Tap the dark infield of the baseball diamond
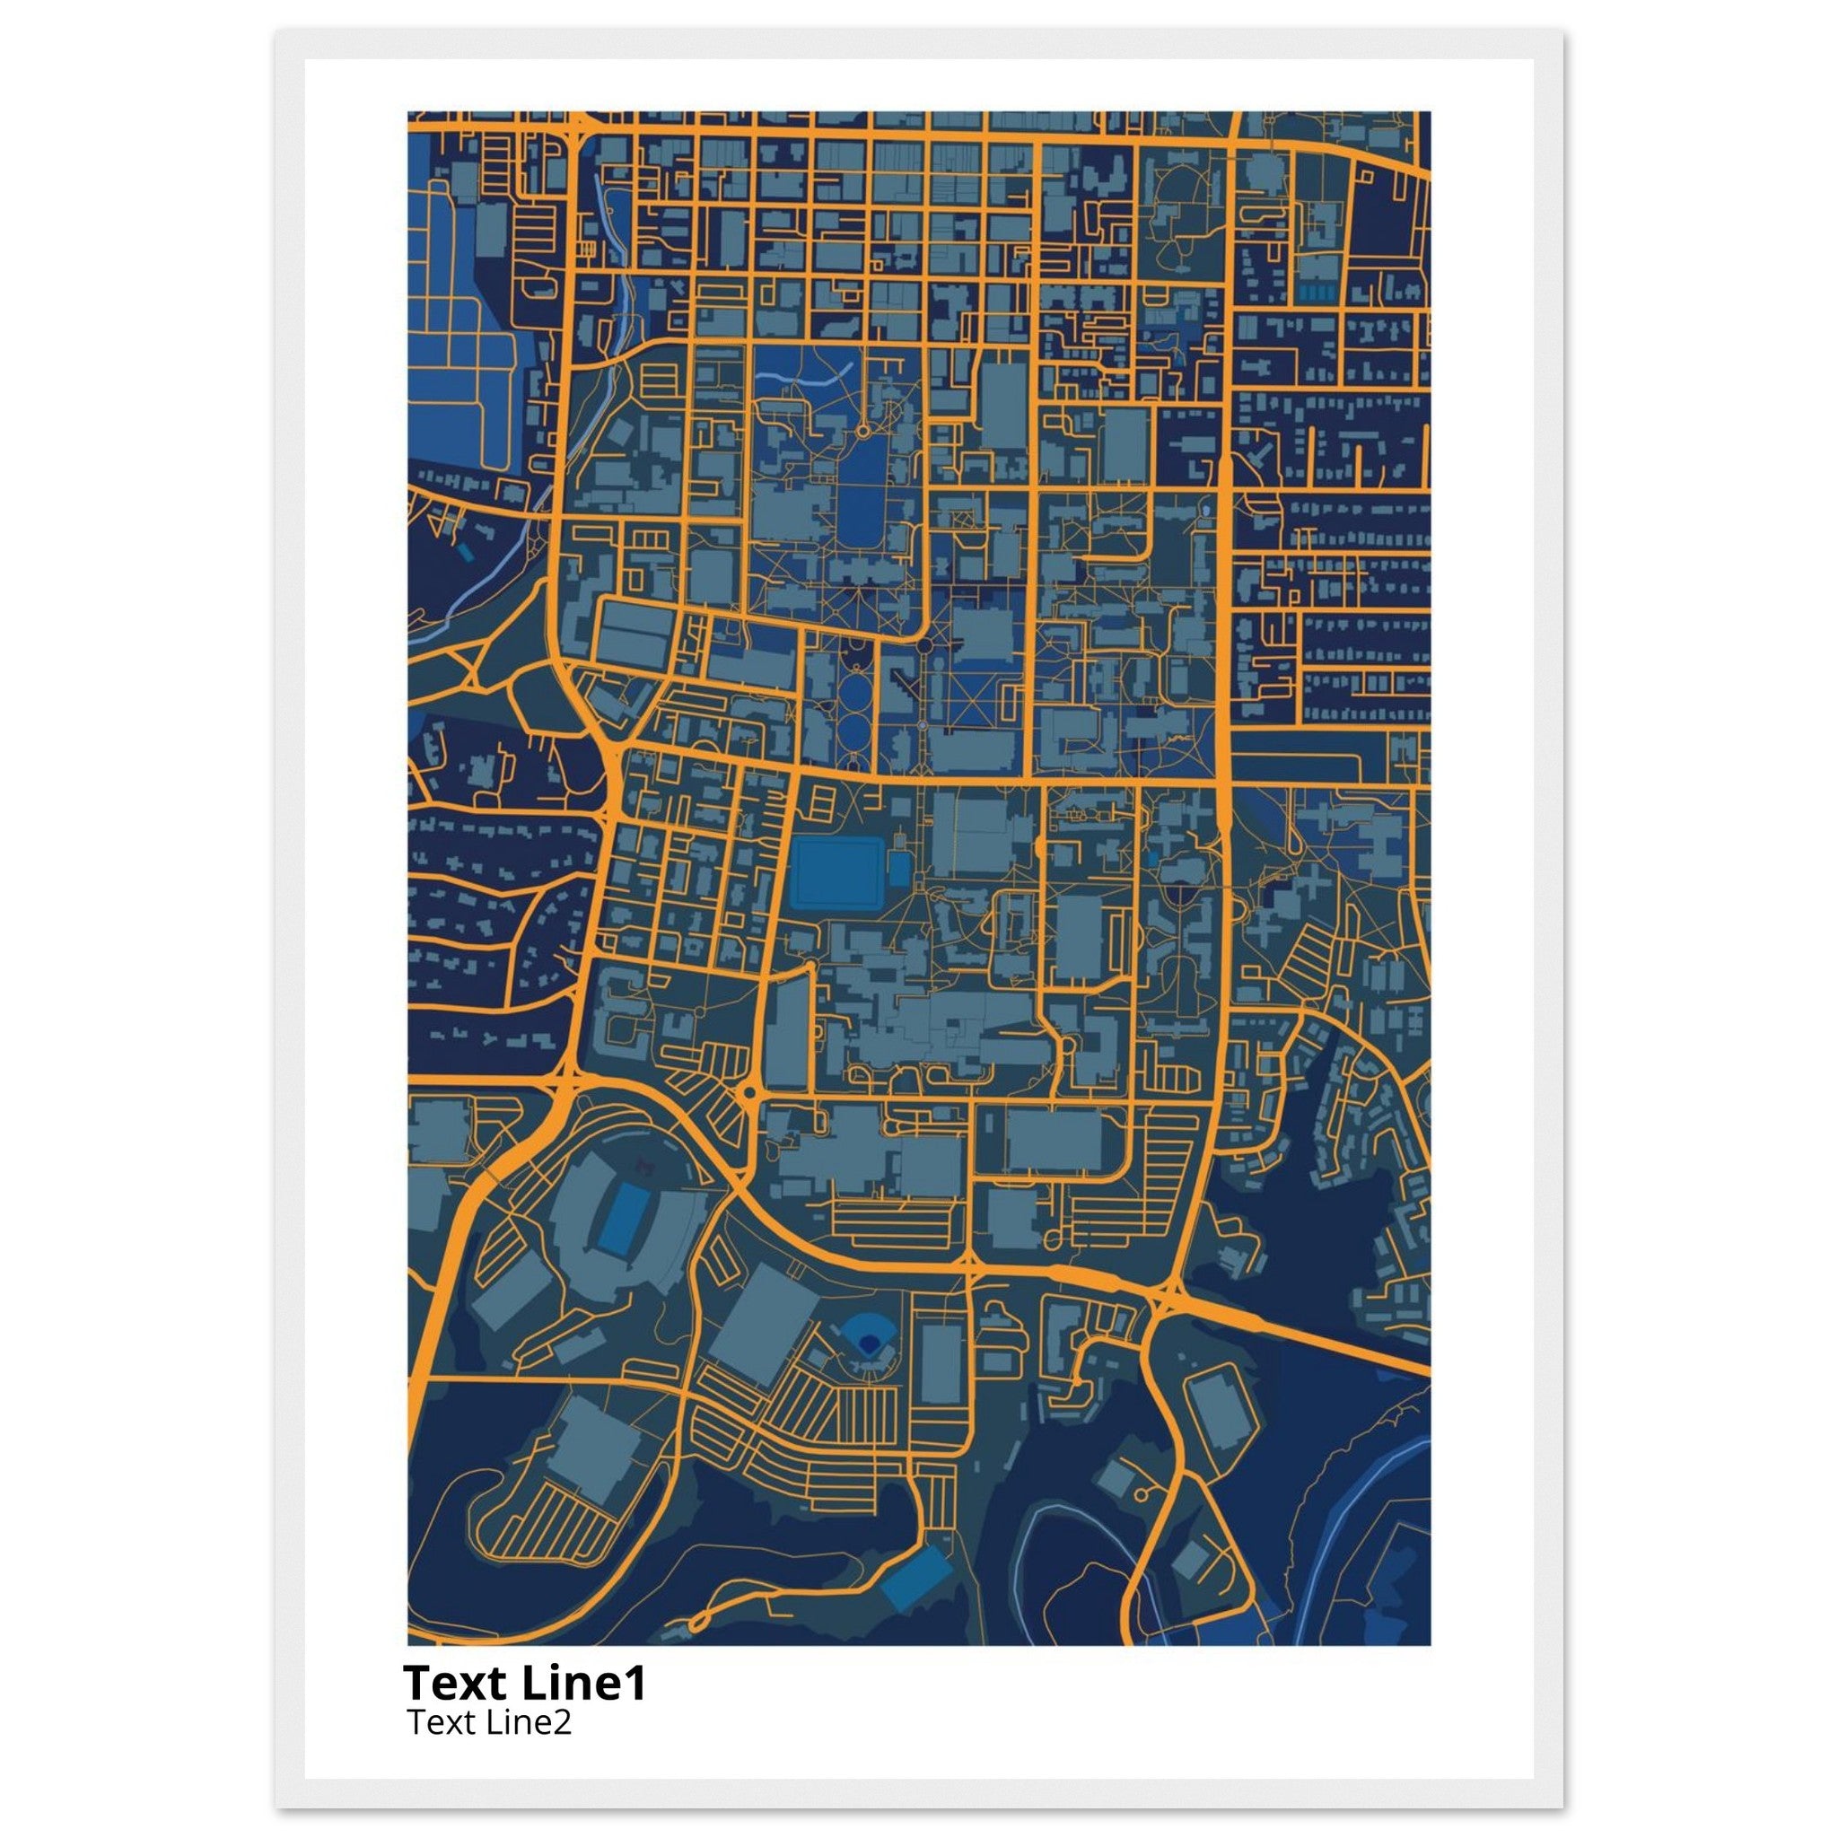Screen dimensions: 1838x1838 coord(867,1343)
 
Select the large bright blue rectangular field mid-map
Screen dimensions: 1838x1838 coord(836,871)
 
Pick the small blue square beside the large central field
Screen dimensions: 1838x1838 coord(899,869)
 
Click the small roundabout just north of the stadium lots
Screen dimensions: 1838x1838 coord(748,1093)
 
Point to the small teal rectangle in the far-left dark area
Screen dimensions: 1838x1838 coord(463,551)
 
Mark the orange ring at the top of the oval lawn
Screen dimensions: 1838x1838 coord(862,431)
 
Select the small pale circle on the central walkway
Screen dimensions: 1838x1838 coord(922,726)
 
